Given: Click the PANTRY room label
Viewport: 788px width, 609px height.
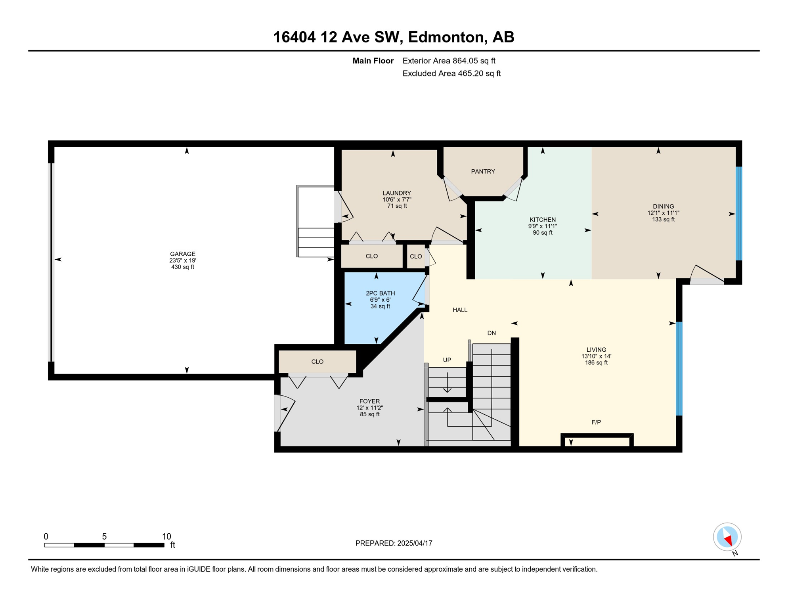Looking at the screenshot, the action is [x=483, y=171].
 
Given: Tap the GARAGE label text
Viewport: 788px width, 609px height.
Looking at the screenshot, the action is [x=183, y=254].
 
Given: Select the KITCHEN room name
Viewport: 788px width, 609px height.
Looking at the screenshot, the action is [x=543, y=220].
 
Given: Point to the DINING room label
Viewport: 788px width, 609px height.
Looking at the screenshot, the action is [x=663, y=206].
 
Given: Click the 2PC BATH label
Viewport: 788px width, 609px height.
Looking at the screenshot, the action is [x=380, y=293].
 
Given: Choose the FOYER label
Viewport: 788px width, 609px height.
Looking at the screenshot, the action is [x=369, y=401].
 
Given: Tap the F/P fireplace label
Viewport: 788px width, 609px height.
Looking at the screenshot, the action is [x=596, y=422].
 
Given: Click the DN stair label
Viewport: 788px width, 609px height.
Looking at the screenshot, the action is [x=492, y=333].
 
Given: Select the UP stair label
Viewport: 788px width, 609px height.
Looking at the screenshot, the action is [x=447, y=360].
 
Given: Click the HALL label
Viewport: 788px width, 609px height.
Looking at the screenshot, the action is [x=460, y=310].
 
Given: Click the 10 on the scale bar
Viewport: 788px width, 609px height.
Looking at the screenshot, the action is [x=166, y=536].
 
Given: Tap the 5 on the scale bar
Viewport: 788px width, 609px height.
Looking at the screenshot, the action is [x=104, y=536].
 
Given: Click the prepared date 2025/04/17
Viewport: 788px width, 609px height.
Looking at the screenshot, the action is [x=415, y=543].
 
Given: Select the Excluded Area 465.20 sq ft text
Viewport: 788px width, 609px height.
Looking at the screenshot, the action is [x=451, y=73].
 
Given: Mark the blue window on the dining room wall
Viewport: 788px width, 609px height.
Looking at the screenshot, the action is [x=739, y=213].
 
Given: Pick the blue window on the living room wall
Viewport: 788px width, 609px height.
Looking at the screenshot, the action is [x=679, y=369].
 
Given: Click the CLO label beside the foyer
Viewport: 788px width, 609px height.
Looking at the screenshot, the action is [x=317, y=362].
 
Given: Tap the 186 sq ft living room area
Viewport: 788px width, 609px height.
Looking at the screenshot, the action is [x=596, y=362].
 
